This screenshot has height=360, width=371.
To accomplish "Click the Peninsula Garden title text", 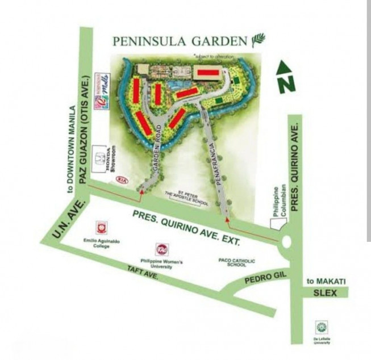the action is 180,41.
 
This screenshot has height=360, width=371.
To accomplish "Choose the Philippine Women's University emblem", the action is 162,249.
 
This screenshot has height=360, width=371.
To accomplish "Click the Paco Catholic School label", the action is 237,262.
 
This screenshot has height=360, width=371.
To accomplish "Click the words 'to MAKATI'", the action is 326,281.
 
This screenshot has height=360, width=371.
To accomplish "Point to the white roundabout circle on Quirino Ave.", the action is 286,243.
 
